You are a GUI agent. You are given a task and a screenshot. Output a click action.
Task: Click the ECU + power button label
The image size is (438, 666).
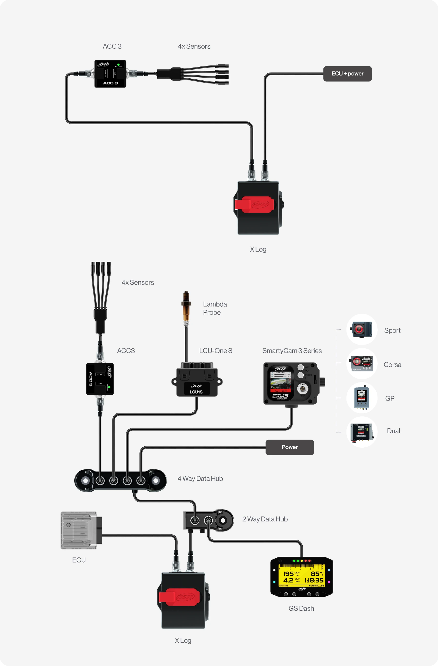coord(347,74)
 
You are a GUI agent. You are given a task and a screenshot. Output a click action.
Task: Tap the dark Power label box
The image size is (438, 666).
coord(289,447)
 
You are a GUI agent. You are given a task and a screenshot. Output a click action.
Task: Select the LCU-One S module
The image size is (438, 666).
coord(197,381)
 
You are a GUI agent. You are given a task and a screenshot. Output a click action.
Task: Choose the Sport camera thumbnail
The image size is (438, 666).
coord(362,329)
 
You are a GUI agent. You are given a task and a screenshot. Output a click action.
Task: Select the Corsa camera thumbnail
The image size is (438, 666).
coord(362,363)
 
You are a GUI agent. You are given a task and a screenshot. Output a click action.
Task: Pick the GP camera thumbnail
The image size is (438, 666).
coord(362,398)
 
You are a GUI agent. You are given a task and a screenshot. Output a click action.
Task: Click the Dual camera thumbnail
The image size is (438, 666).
coord(362,432)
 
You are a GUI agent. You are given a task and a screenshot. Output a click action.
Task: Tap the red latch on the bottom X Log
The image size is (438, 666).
coord(179,597)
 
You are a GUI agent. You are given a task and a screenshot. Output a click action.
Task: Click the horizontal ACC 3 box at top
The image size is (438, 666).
coord(110,74)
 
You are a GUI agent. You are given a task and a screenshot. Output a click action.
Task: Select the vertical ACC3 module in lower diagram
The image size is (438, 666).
coord(100,379)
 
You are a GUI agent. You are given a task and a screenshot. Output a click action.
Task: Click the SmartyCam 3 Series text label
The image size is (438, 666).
coord(292,351)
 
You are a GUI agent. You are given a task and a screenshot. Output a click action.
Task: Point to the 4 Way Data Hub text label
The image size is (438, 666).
coord(200,479)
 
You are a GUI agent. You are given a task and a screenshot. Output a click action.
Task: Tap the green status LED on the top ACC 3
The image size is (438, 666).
coord(118,64)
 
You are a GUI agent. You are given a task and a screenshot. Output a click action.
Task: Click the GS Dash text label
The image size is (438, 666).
coord(301,608)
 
